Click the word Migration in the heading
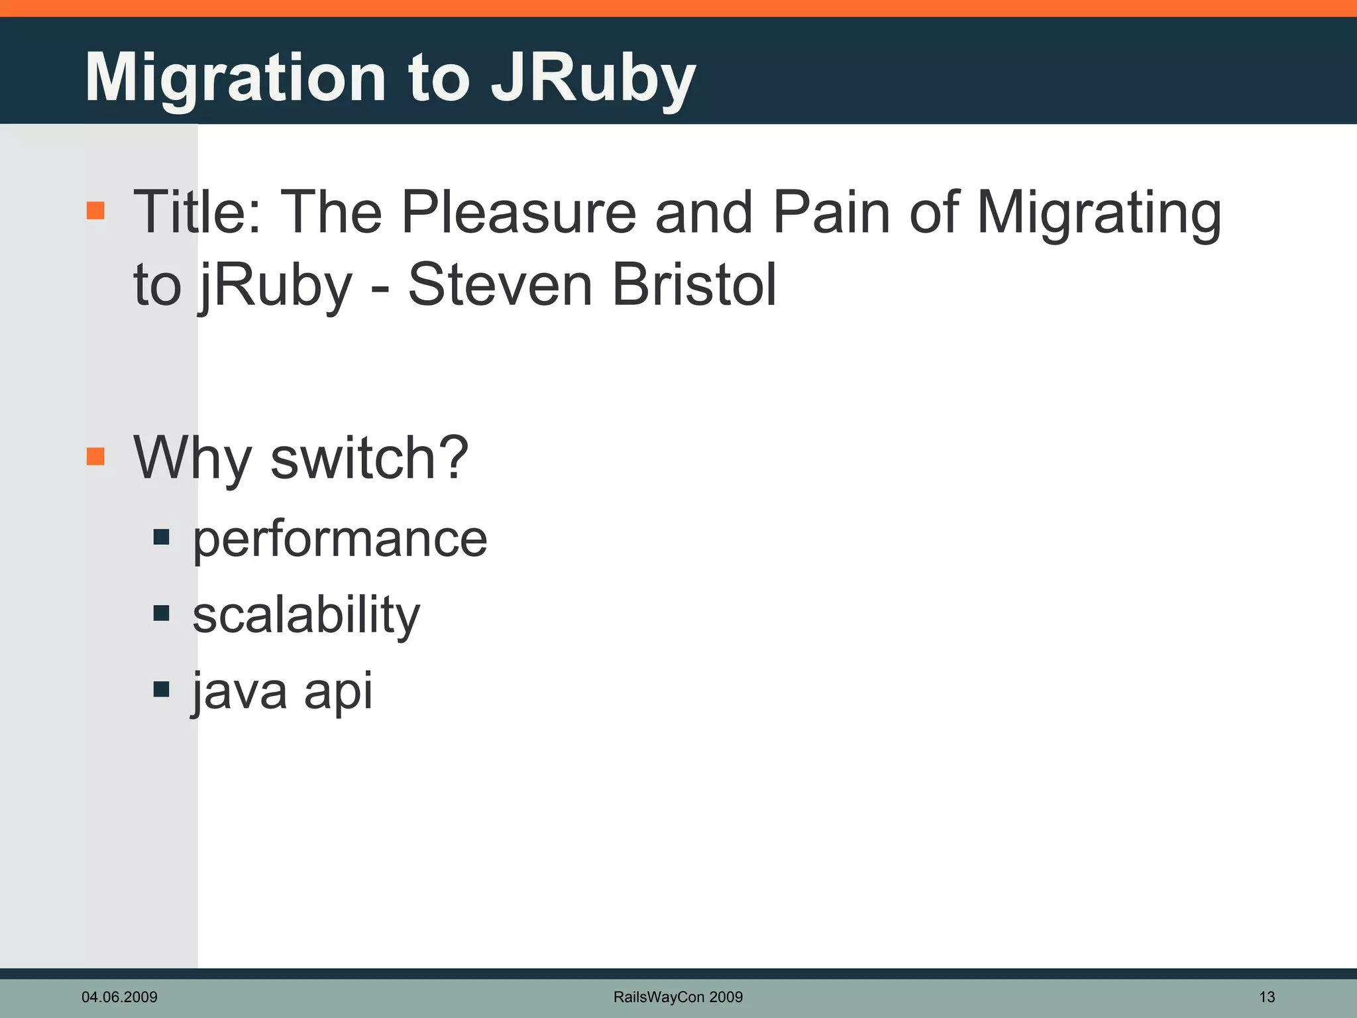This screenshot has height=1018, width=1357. (235, 78)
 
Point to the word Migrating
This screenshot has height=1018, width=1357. (1099, 213)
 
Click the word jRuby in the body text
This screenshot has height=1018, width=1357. (275, 286)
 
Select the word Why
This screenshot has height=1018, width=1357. (192, 459)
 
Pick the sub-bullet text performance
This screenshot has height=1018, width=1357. (340, 539)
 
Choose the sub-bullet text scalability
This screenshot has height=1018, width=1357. (306, 615)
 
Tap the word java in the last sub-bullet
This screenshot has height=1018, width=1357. (240, 691)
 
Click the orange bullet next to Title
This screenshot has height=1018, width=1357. (95, 211)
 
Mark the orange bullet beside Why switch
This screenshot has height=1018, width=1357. (95, 456)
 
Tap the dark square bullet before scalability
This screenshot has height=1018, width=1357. (161, 613)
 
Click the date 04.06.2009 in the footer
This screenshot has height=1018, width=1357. (119, 997)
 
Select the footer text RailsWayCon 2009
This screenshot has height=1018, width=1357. (678, 997)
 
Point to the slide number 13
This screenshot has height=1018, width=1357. (1266, 997)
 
